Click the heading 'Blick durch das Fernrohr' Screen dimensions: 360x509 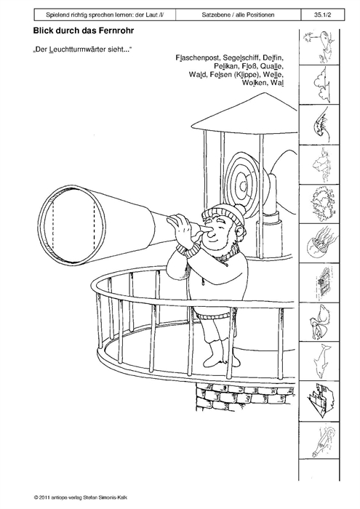[84, 31]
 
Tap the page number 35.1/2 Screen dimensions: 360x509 [322, 15]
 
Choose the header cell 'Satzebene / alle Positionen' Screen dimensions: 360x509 [238, 15]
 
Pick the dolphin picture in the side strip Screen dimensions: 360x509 [321, 361]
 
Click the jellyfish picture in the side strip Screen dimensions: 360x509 [319, 244]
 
